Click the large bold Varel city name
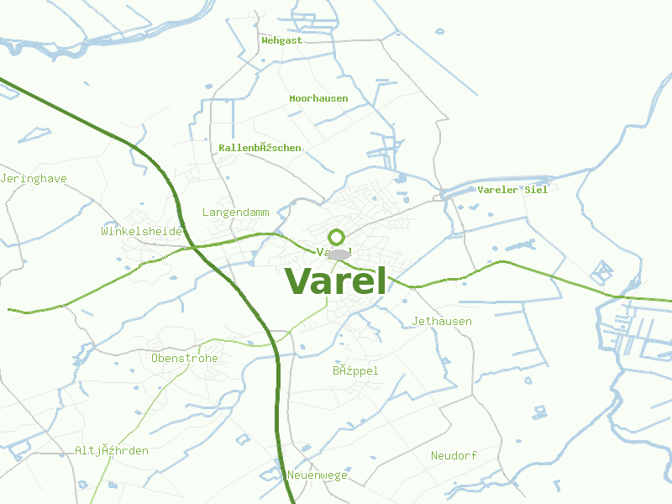point(336,281)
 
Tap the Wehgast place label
point(281,39)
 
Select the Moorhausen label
point(318,98)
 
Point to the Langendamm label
point(236,212)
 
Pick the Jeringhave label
point(34,178)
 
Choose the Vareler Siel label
point(512,189)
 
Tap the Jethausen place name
point(442,321)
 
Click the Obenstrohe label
point(185,358)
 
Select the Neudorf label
point(454,455)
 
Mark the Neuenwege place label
point(318,475)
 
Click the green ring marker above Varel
point(337,238)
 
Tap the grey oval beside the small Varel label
point(339,254)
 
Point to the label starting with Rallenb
point(260,147)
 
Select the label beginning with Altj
point(112,450)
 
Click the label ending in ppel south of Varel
point(355,370)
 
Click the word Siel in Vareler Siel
point(535,189)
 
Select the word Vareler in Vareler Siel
point(499,189)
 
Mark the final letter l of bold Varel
point(381,281)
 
